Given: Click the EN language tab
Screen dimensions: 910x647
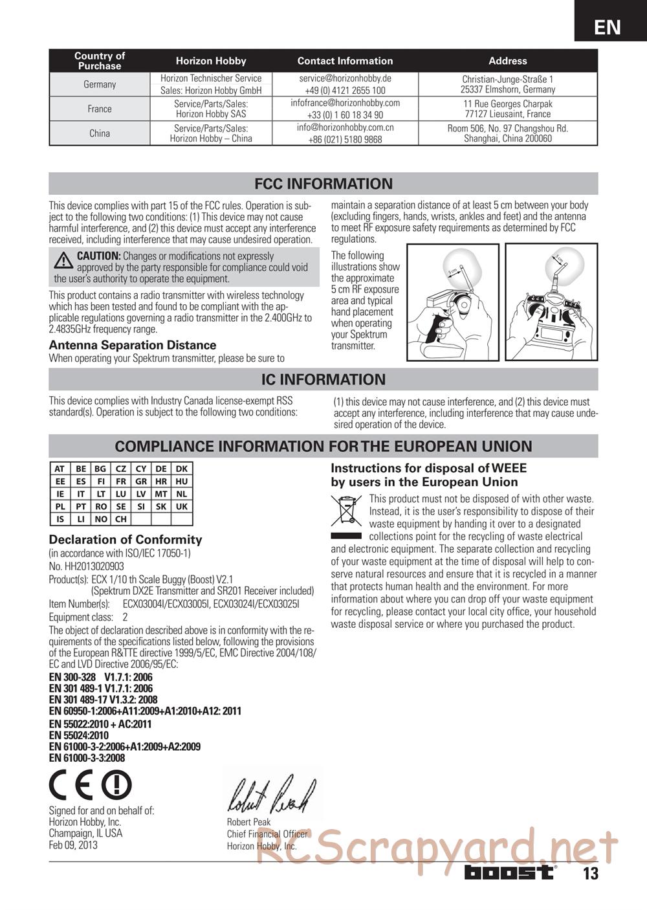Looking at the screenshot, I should click(x=608, y=27).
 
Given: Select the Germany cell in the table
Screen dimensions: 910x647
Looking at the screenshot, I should click(x=100, y=85).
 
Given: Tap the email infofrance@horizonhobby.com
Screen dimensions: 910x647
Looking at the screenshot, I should click(x=345, y=103).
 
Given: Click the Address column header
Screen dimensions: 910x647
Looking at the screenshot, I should click(x=507, y=61).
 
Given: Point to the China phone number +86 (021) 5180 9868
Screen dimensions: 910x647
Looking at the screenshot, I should click(x=345, y=139).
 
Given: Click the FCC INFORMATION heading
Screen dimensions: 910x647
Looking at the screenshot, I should click(x=323, y=184).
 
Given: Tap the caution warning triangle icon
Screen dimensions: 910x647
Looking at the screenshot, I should click(x=63, y=260).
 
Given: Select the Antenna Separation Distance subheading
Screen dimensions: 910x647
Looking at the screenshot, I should click(x=133, y=345).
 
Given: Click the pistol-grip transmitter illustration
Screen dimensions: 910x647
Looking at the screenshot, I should click(x=452, y=302).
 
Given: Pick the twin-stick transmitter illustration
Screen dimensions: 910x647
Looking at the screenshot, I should click(x=551, y=302).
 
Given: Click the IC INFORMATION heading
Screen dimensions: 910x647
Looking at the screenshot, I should click(x=323, y=379).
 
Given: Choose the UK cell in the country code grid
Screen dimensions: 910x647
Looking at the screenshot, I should click(x=182, y=507).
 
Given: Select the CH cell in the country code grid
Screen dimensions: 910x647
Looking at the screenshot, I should click(x=121, y=519).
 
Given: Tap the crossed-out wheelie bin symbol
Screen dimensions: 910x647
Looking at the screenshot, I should click(x=346, y=509).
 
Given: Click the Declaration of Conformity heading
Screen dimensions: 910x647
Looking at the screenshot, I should click(x=126, y=540).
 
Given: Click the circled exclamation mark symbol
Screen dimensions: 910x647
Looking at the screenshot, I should click(x=116, y=786).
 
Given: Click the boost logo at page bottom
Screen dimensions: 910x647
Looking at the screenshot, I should click(x=510, y=872).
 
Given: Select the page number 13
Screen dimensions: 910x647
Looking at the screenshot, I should click(x=590, y=874).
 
